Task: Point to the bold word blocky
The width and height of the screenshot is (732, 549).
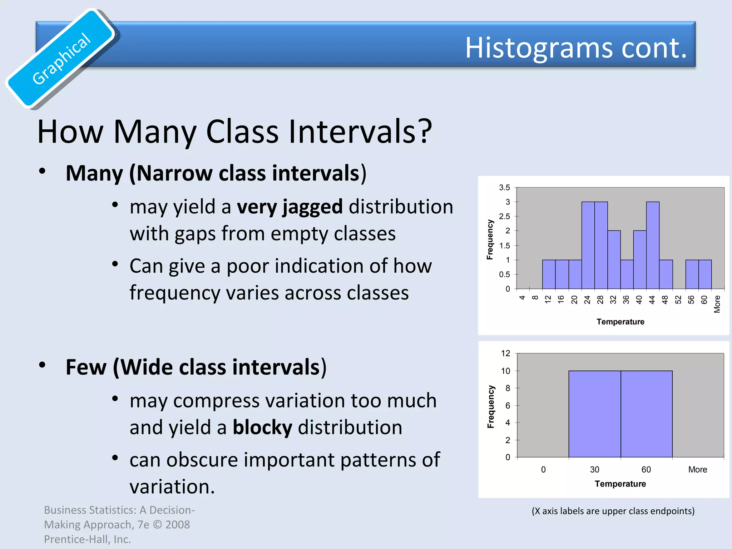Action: [x=262, y=427]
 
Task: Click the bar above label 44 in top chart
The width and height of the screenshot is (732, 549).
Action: [x=653, y=246]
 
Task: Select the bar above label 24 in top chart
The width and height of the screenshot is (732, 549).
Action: [x=588, y=246]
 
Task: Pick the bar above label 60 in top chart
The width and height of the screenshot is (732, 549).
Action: [x=705, y=274]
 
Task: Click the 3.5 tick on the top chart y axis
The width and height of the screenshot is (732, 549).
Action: [x=504, y=188]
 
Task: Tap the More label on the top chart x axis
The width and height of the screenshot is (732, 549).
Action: [x=717, y=304]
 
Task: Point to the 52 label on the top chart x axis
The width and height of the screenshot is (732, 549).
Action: [x=678, y=300]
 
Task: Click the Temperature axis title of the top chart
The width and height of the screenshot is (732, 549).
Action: [x=620, y=322]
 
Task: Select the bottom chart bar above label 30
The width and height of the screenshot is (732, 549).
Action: [x=594, y=414]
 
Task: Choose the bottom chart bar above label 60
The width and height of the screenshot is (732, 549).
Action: [x=646, y=414]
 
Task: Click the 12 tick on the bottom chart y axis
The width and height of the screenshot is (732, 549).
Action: [x=505, y=353]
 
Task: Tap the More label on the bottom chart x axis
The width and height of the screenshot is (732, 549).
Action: [x=697, y=470]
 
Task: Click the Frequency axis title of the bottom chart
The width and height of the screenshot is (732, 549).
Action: [x=491, y=407]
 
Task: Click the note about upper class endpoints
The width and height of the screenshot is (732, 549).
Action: [x=613, y=511]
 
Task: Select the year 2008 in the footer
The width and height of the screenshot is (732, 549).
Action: [x=178, y=525]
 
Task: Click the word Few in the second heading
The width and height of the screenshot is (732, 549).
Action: [x=86, y=367]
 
